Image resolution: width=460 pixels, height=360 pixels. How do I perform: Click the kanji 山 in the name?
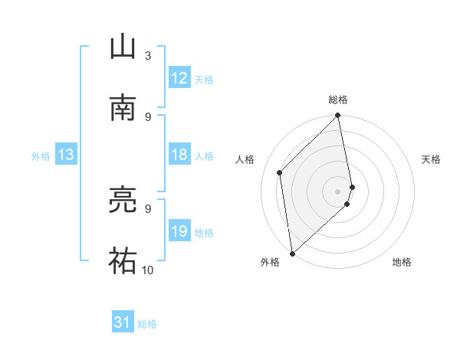tap(123, 47)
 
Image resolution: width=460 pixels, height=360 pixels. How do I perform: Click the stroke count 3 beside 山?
tap(148, 55)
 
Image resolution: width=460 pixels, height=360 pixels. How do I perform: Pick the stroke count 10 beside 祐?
tap(148, 270)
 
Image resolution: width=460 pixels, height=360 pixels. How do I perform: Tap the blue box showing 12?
tap(179, 78)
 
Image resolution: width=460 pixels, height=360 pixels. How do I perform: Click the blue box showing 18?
tap(179, 155)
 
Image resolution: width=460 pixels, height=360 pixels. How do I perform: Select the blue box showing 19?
tap(179, 231)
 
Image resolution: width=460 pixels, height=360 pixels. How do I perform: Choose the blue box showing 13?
tap(66, 155)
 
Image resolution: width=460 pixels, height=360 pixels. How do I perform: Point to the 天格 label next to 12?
tap(204, 79)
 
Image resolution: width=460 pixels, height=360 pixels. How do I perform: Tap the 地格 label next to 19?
tap(204, 232)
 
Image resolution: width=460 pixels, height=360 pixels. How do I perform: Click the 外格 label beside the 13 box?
tap(41, 155)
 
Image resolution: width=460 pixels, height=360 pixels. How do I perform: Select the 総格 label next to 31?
tap(147, 324)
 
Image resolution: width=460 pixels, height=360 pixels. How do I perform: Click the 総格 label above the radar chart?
tap(338, 100)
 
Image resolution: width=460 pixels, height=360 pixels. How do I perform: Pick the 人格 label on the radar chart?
tap(245, 159)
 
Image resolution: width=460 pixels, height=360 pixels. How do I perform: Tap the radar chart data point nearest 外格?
tap(292, 253)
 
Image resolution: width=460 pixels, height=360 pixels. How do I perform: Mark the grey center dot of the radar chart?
tap(338, 191)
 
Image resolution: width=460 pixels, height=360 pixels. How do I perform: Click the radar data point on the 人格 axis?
tap(280, 172)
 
